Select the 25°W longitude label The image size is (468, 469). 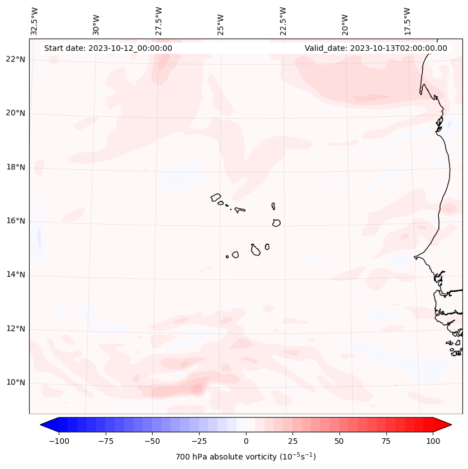[221, 22]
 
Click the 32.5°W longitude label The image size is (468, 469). [35, 22]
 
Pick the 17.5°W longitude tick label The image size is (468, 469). [407, 22]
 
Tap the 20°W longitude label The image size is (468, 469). [345, 22]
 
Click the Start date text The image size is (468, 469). [108, 48]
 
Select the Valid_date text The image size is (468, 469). [376, 48]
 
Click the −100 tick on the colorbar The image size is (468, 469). [59, 441]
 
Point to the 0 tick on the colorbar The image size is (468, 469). [246, 441]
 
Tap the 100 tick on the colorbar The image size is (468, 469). [433, 441]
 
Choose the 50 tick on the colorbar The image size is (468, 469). [339, 441]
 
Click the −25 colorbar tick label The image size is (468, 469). [199, 441]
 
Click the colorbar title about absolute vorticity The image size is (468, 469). [246, 457]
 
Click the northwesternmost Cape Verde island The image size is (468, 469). [216, 197]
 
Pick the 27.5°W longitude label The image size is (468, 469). [159, 22]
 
